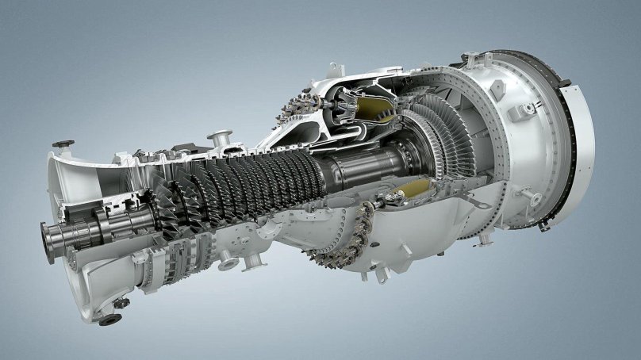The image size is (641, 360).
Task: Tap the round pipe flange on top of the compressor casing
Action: point(220,138)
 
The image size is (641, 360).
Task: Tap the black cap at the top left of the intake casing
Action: point(63,144)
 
